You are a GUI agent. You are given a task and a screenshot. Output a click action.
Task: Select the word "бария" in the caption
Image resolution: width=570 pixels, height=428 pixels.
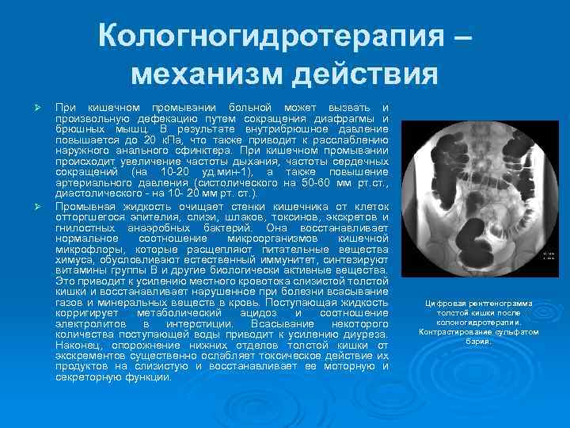(477, 342)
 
